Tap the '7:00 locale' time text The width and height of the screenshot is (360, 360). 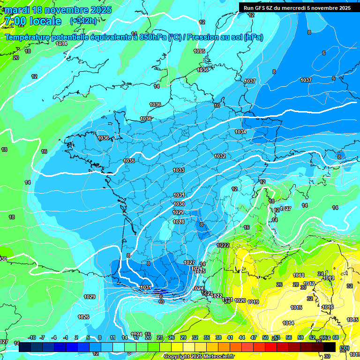[32, 21]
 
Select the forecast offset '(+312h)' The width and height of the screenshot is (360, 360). [83, 21]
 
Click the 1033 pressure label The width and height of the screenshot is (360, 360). [179, 170]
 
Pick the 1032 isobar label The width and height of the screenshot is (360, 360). [220, 156]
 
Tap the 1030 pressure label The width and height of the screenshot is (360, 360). [179, 204]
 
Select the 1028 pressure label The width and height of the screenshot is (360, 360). [178, 222]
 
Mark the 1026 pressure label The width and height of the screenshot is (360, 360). [83, 317]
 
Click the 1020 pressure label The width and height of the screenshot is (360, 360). [240, 300]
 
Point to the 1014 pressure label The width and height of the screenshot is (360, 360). [288, 323]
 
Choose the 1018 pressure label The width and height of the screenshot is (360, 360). [299, 275]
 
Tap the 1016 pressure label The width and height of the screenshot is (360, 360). [328, 307]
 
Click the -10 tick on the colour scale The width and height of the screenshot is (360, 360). [32, 337]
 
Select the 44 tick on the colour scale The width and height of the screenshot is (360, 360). [242, 337]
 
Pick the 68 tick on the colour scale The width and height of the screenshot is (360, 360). [335, 337]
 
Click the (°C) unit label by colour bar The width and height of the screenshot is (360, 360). [345, 347]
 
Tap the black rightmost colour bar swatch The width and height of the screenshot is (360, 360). [330, 347]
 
